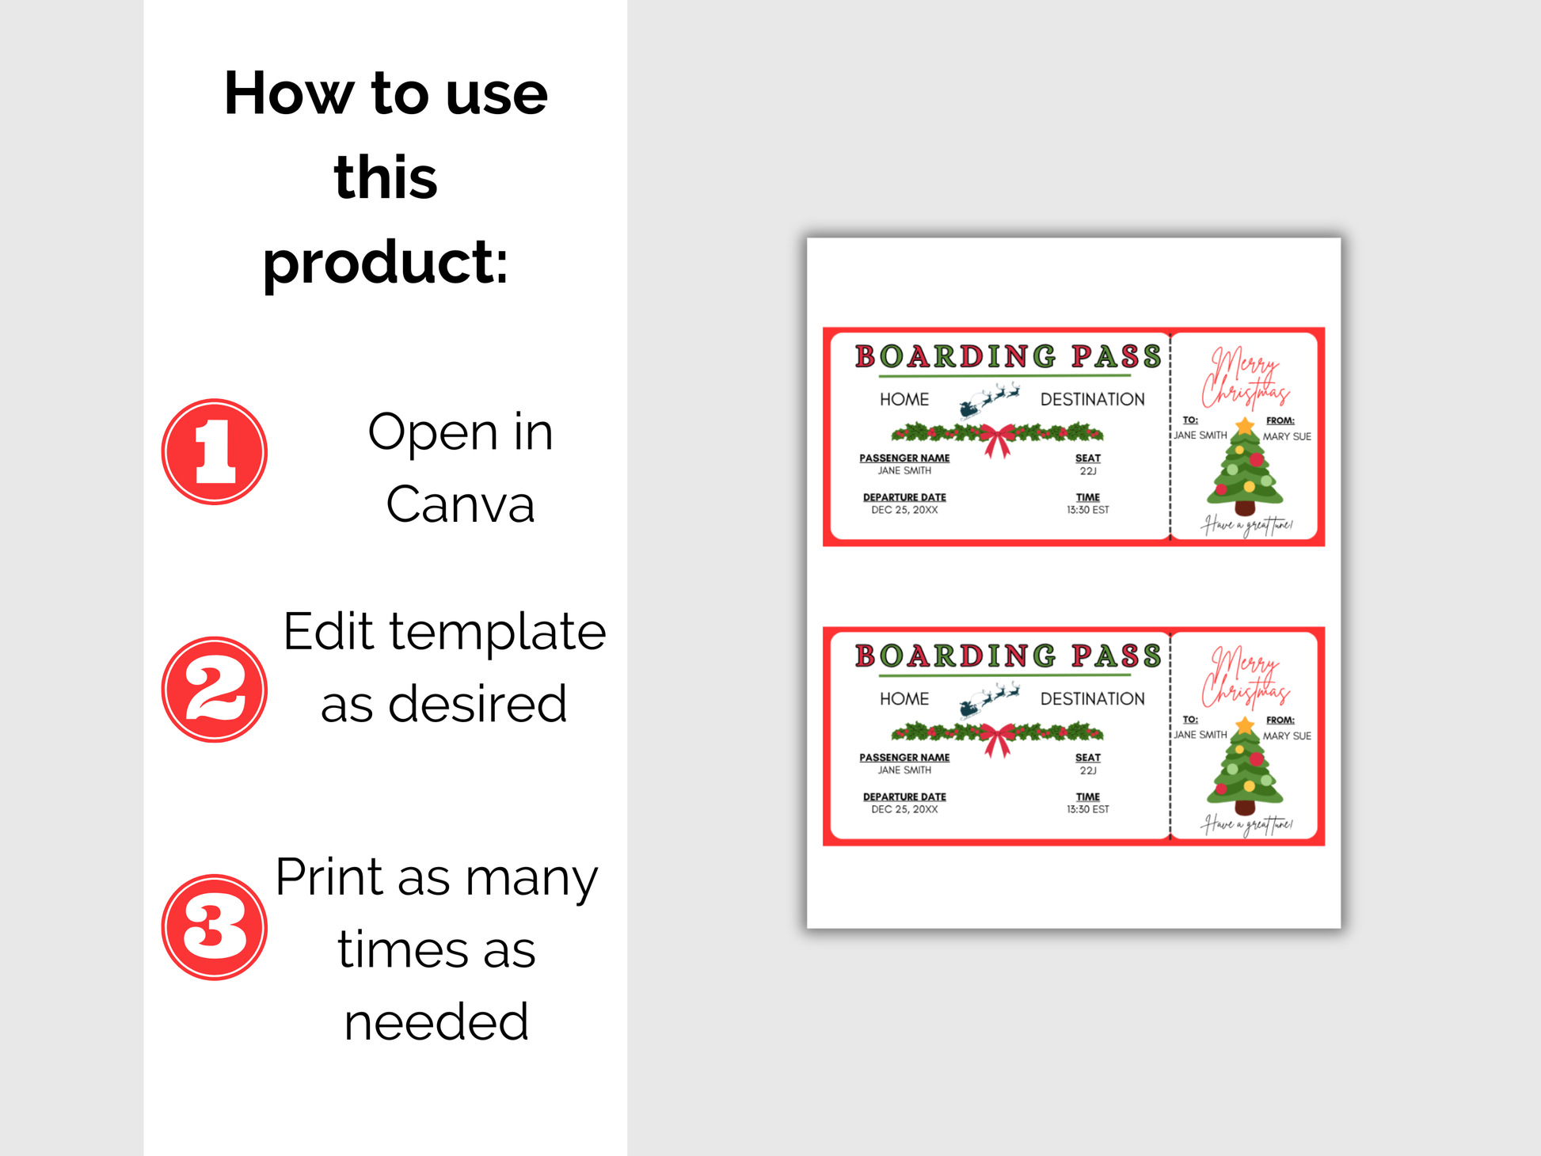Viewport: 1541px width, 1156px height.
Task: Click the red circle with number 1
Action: click(215, 451)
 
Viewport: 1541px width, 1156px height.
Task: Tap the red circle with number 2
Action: click(215, 690)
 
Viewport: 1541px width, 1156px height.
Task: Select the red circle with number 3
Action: click(215, 927)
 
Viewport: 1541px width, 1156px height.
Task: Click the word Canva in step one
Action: click(461, 504)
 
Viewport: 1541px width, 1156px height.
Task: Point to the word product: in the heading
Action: click(386, 263)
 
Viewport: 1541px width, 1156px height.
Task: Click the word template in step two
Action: click(497, 632)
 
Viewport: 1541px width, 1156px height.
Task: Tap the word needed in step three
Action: click(436, 1021)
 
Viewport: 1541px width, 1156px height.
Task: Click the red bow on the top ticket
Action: click(998, 440)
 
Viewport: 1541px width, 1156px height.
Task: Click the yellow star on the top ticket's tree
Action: click(1246, 426)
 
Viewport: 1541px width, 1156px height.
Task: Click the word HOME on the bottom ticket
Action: click(904, 699)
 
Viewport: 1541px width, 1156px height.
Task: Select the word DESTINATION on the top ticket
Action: click(1093, 400)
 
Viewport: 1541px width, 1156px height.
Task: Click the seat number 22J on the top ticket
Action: click(1088, 471)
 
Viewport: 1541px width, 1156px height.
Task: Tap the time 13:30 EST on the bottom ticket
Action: click(1088, 809)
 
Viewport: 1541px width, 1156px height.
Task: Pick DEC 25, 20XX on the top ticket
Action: click(904, 510)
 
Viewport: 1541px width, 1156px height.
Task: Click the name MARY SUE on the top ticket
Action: click(1287, 436)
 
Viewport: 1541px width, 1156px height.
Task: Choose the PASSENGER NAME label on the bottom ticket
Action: click(904, 758)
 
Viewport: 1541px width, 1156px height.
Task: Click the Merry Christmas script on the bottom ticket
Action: click(1246, 677)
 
